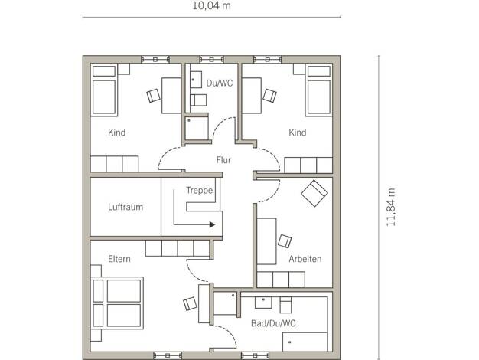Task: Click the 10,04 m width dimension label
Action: point(211,5)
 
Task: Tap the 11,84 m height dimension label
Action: point(391,208)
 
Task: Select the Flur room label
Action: point(223,160)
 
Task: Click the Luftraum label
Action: point(125,207)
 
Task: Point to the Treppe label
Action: point(200,190)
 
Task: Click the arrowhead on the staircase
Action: point(212,225)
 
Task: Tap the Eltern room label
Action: point(119,259)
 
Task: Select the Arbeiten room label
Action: point(305,259)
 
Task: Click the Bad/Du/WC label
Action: point(273,323)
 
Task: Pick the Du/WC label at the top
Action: point(220,83)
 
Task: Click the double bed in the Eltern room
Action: point(117,303)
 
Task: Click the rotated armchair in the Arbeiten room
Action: point(314,193)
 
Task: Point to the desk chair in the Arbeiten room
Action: point(285,241)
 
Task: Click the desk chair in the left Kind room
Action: point(153,96)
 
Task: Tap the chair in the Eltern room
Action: point(190,304)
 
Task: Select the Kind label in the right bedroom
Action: point(298,133)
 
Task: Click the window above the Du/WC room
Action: point(211,59)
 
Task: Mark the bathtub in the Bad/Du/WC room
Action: point(305,342)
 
